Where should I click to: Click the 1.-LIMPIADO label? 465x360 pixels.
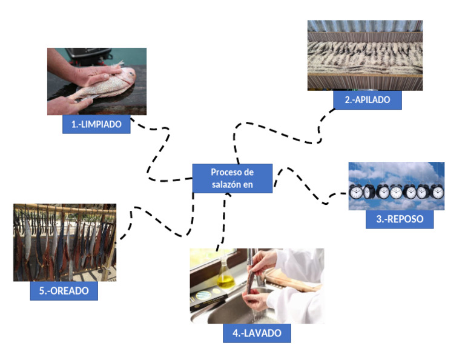click(x=96, y=124)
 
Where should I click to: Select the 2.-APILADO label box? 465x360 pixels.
click(x=368, y=101)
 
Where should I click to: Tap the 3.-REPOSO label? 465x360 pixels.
click(x=399, y=219)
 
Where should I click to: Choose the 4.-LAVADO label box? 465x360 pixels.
click(x=256, y=333)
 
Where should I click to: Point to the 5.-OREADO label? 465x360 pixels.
click(x=64, y=291)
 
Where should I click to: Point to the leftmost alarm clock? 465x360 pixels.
click(x=357, y=192)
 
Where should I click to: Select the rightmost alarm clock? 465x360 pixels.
click(x=437, y=192)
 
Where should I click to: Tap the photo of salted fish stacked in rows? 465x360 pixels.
click(x=364, y=55)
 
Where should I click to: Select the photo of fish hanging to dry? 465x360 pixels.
click(x=64, y=242)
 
